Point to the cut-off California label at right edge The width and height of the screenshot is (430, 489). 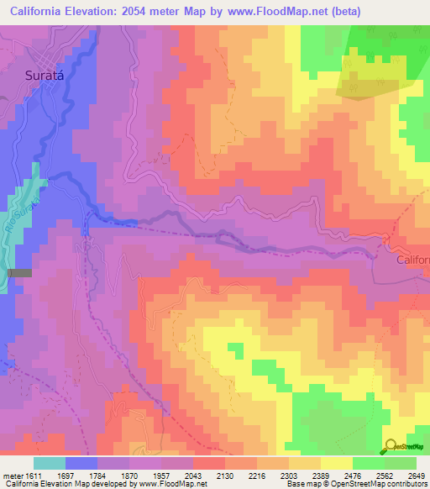[x=412, y=260]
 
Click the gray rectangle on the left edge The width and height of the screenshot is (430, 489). [x=18, y=272]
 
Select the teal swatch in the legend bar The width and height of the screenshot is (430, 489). [x=50, y=462]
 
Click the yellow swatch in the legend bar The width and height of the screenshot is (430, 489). [x=337, y=462]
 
